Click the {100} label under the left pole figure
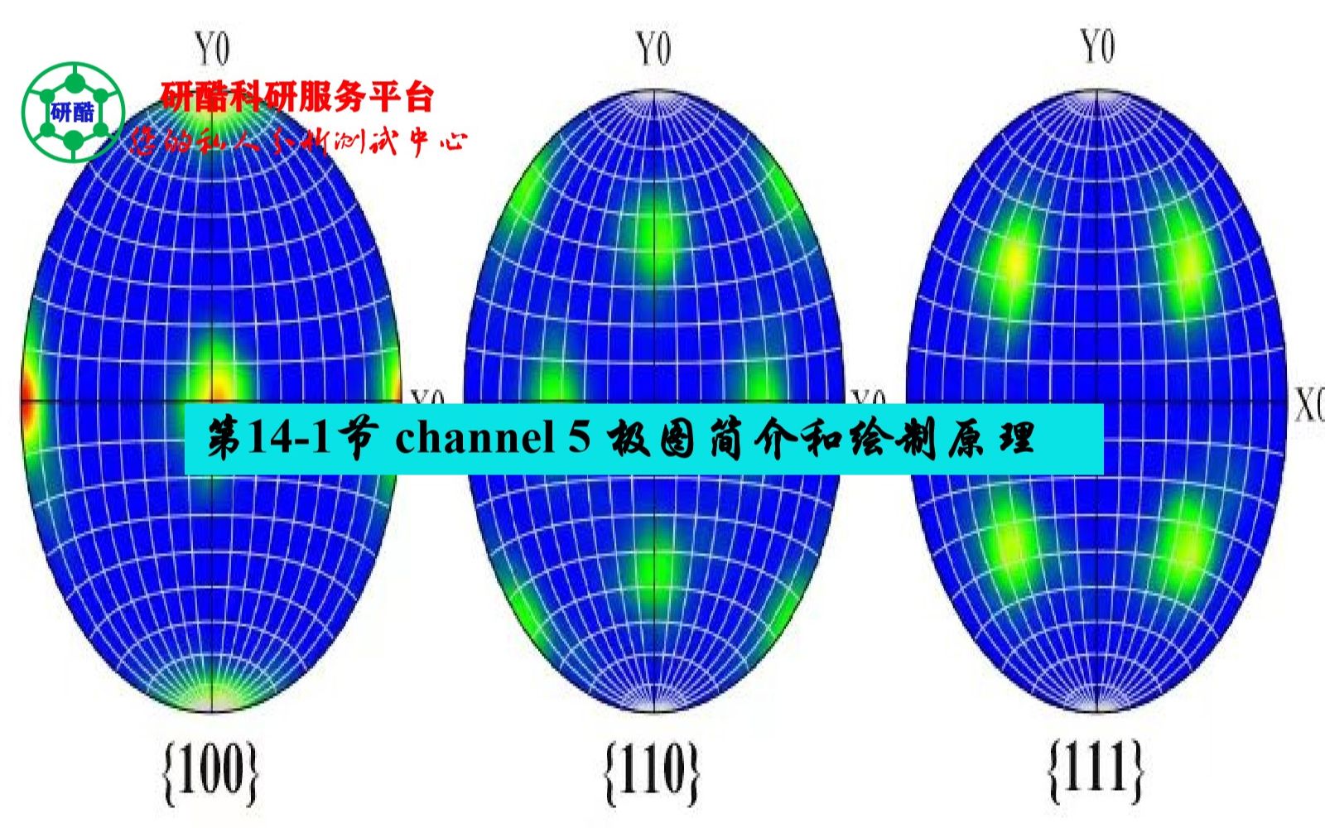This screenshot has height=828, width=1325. point(210,772)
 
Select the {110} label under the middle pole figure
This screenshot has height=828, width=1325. point(652,772)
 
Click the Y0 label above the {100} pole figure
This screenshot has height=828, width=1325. point(212,49)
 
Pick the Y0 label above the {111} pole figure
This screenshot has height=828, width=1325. point(1097,46)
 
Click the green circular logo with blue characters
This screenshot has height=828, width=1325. point(73,112)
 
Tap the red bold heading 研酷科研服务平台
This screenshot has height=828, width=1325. point(297,97)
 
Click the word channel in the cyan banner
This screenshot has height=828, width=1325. point(474,437)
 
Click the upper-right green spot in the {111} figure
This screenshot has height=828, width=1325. point(1188,263)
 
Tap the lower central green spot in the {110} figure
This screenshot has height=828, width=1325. point(656,567)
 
